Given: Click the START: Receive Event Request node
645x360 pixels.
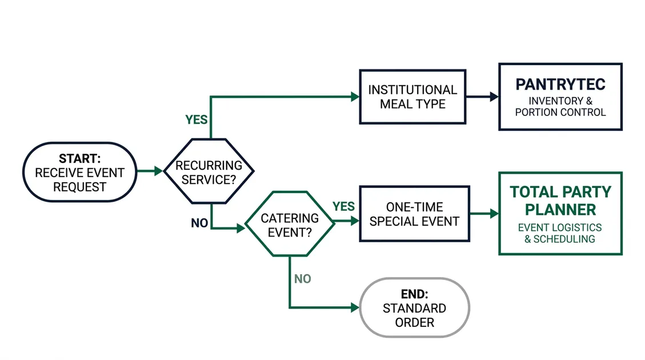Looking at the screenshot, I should [79, 172].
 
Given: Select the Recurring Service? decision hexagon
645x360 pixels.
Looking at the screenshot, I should [209, 171].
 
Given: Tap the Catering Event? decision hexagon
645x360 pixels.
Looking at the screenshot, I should [289, 225].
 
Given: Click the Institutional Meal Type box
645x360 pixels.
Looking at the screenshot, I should [412, 97].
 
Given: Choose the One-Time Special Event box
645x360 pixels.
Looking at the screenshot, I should [414, 214].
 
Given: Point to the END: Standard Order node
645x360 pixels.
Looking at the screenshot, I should [414, 308].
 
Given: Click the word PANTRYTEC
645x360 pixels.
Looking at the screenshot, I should [560, 85].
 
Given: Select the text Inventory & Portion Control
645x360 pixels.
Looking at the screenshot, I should [560, 107].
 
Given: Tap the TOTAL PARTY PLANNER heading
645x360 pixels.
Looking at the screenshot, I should [560, 200].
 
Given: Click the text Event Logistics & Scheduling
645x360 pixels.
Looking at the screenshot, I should [560, 233].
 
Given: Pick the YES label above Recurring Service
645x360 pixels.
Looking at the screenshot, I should [196, 120].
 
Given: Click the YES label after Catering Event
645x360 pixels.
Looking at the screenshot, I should [343, 206].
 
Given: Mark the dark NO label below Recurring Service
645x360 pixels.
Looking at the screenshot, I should [199, 223].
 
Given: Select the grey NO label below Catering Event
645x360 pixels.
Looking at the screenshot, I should [302, 279].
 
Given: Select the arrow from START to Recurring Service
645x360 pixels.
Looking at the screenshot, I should [150, 171].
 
